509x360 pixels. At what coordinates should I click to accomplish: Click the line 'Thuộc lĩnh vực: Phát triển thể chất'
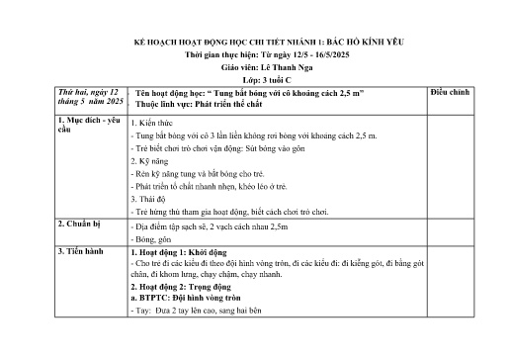[x=198, y=103]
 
